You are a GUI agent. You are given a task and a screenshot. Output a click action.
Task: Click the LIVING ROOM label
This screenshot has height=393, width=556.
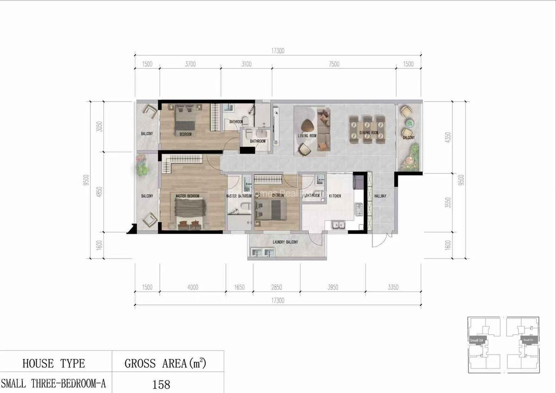[307, 136]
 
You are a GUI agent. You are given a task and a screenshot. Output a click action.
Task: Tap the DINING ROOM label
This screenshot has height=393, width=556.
[369, 133]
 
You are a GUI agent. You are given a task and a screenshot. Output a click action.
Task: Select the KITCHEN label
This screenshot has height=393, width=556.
[335, 196]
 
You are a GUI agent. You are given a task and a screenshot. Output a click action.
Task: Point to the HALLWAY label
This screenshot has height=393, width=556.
[380, 196]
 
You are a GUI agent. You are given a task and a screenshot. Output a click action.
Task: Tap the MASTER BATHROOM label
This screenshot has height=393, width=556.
[239, 196]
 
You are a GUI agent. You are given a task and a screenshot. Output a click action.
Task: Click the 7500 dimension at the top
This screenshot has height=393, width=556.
[334, 64]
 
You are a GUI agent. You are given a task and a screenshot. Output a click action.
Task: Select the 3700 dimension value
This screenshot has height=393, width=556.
[190, 64]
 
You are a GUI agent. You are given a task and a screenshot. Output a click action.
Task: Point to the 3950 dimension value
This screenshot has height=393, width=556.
[332, 287]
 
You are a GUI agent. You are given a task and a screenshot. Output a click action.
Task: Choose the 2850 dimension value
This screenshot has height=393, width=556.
[277, 287]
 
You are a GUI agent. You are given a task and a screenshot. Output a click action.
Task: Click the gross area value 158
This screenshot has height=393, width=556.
[161, 384]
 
